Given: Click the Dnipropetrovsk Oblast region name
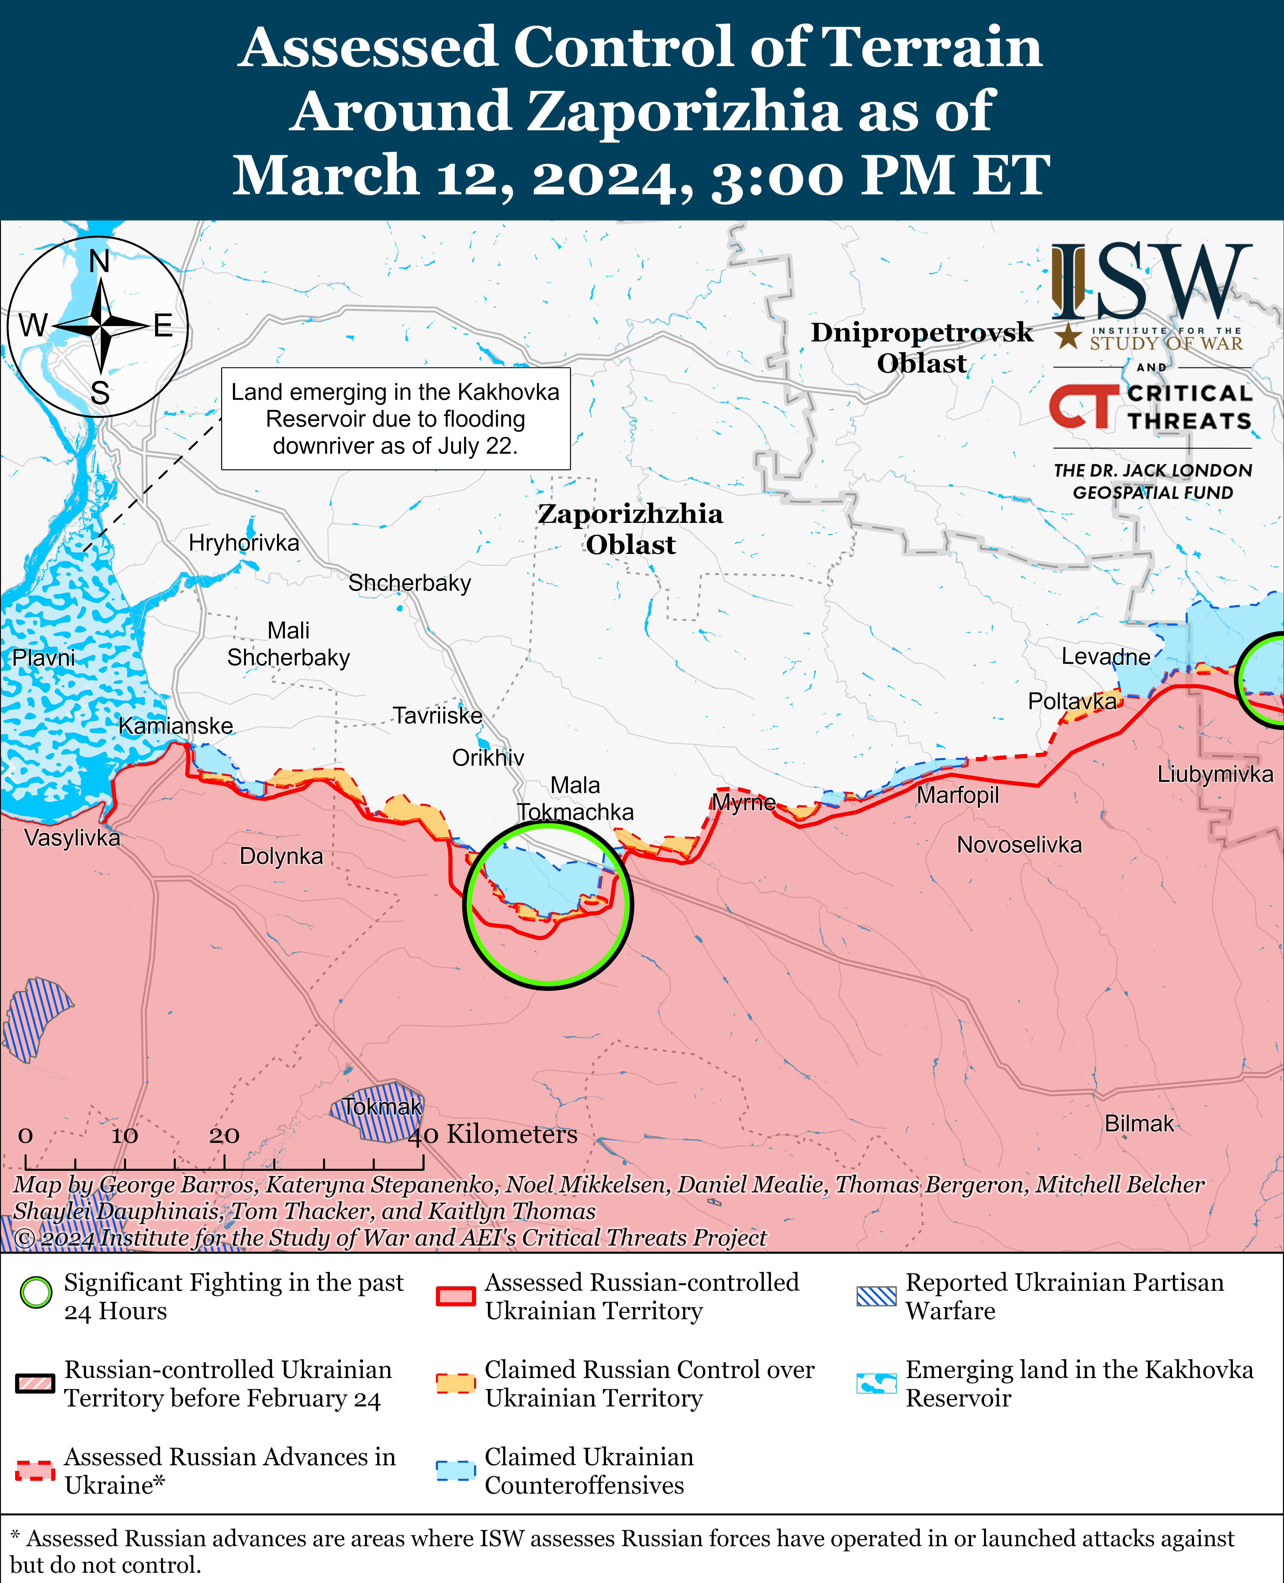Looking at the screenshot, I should (922, 348).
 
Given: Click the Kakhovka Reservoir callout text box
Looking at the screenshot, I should (396, 419).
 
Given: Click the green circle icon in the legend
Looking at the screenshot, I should (36, 1292).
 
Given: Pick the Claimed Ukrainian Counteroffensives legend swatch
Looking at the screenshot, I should (455, 1471).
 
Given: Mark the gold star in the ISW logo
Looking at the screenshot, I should (1067, 337).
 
